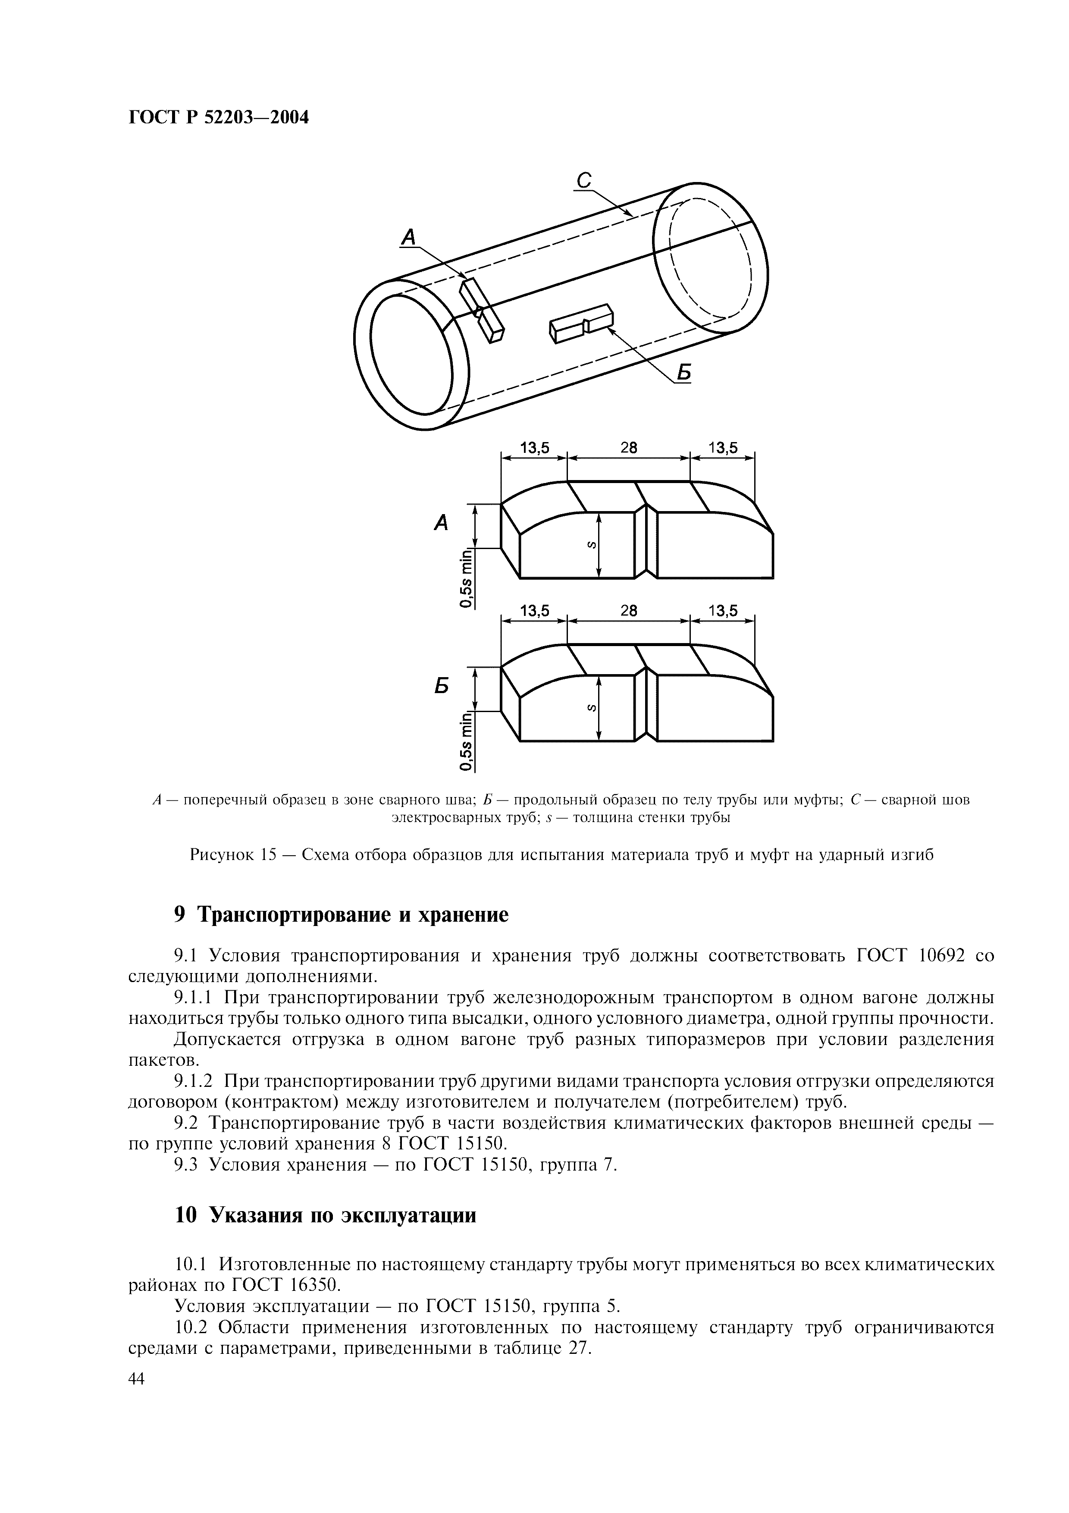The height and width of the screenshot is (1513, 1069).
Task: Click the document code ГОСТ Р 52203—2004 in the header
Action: (x=218, y=117)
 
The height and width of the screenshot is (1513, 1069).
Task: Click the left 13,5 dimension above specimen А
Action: (x=534, y=448)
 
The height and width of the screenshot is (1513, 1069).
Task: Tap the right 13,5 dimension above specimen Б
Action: (x=723, y=611)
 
